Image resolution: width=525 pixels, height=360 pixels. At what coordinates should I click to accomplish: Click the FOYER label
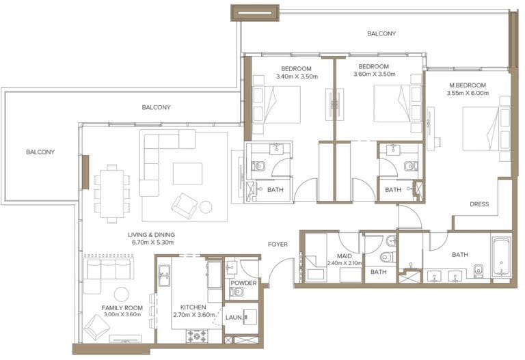tap(278, 244)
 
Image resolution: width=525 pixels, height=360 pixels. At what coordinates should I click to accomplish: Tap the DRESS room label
tap(479, 204)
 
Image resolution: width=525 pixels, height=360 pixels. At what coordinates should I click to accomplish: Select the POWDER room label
tap(243, 283)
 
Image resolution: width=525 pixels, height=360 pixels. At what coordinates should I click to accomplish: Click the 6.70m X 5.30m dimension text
tap(152, 243)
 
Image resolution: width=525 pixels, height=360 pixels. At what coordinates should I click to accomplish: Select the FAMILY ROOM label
tap(122, 307)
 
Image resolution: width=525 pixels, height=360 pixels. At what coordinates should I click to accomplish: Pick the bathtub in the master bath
tap(501, 257)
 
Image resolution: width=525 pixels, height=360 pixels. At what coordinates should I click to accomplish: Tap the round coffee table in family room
tap(122, 294)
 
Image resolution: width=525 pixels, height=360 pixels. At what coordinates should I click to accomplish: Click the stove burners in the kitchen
tap(198, 335)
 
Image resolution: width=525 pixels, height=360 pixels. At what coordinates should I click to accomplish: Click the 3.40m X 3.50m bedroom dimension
tap(296, 77)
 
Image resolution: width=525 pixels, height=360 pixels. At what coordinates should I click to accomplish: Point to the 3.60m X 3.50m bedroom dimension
tap(374, 74)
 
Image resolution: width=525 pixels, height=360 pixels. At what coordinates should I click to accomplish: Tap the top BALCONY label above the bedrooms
tap(381, 33)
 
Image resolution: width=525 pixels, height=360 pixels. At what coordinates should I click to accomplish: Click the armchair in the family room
tap(96, 327)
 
